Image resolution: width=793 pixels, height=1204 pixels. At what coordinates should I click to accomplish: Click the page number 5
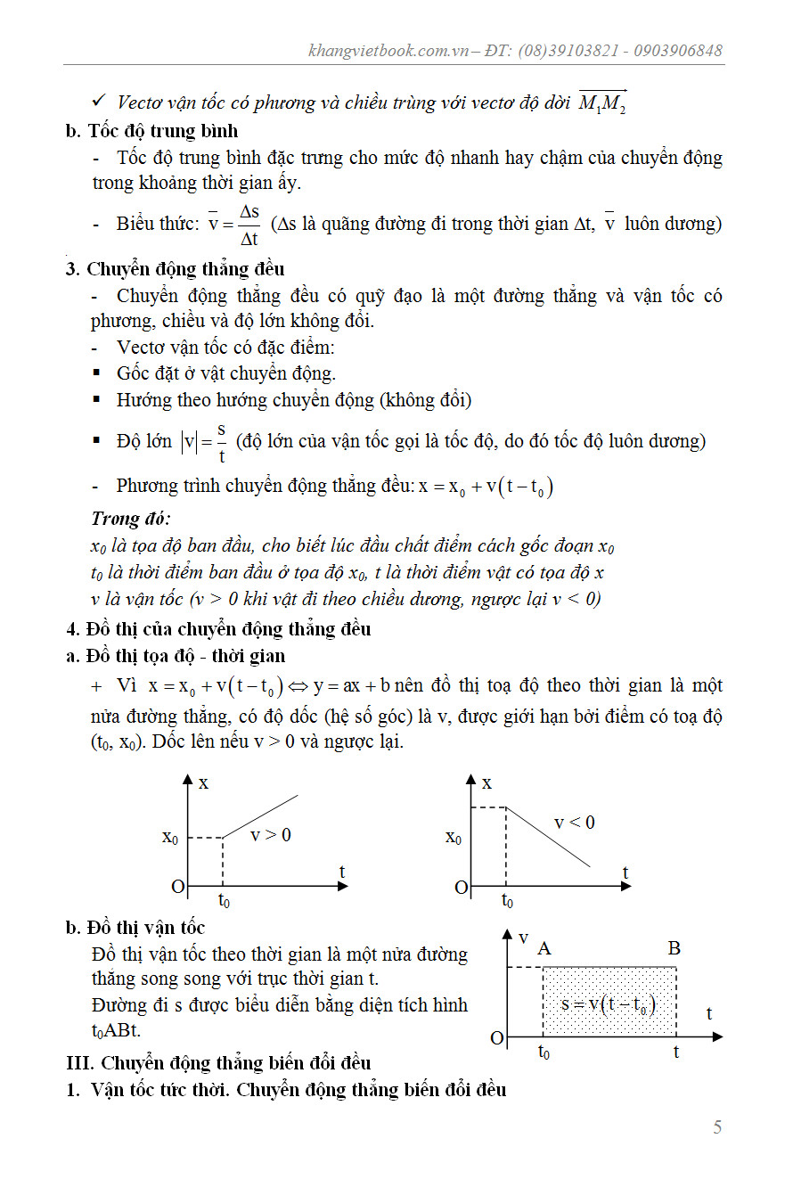coord(717,1127)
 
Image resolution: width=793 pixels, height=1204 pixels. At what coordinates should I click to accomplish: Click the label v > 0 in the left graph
coord(270,835)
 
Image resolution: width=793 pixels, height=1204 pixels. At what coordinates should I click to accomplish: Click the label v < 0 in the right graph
coord(575,822)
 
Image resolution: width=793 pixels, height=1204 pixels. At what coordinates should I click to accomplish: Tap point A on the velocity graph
coord(544,948)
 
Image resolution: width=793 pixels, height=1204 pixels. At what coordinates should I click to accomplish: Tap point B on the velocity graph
coord(674,948)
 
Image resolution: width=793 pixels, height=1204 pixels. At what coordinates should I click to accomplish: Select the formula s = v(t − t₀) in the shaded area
coord(609,1004)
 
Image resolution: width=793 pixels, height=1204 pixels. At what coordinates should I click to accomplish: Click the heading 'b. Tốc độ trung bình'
coord(152,131)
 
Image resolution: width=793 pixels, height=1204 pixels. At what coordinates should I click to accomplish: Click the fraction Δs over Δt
coord(249,224)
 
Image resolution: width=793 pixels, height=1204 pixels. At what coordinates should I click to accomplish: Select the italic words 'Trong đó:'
coord(131,519)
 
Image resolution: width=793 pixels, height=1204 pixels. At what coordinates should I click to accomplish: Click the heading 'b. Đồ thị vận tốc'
coord(135,928)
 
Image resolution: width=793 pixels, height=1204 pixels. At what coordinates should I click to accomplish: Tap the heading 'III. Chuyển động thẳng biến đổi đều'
coord(219,1062)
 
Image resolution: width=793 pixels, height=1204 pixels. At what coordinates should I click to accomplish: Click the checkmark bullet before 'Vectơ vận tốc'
coord(100,102)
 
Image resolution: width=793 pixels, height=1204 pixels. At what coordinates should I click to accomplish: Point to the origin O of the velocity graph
coord(496,1038)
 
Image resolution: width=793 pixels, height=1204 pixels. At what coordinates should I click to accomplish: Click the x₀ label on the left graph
coord(169,838)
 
